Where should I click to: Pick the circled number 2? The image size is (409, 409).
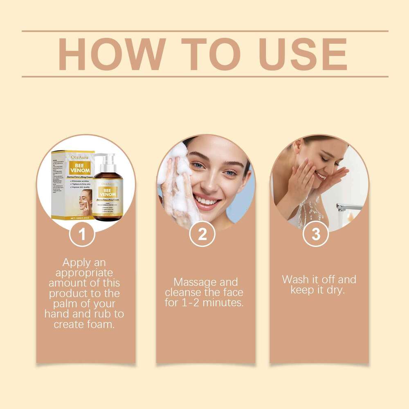pyautogui.click(x=202, y=234)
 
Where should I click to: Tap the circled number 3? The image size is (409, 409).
pyautogui.click(x=316, y=234)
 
